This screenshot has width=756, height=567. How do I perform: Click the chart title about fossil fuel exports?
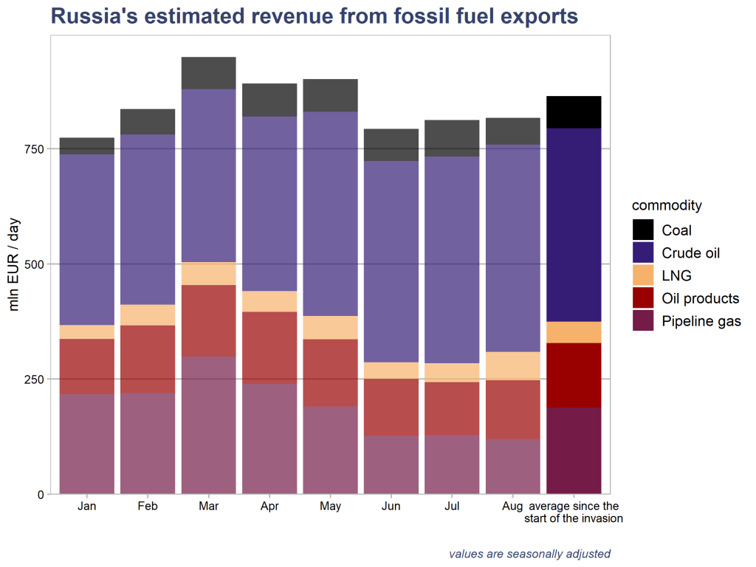point(314,16)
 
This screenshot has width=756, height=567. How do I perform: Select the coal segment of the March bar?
point(208,73)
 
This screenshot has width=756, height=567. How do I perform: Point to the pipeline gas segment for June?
point(391,464)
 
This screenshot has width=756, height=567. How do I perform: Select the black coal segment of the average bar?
point(574,112)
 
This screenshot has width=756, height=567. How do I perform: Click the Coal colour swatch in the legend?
point(644,230)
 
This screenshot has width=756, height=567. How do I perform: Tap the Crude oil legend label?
point(690,253)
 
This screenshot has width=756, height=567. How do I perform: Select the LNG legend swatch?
point(644,276)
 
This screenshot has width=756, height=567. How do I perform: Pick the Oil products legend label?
point(700,298)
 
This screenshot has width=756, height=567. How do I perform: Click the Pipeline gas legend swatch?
point(644,321)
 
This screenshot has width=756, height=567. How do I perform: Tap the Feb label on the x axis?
point(148,506)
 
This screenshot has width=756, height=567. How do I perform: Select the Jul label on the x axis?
point(452,506)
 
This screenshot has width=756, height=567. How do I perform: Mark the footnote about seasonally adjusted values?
point(529,554)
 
